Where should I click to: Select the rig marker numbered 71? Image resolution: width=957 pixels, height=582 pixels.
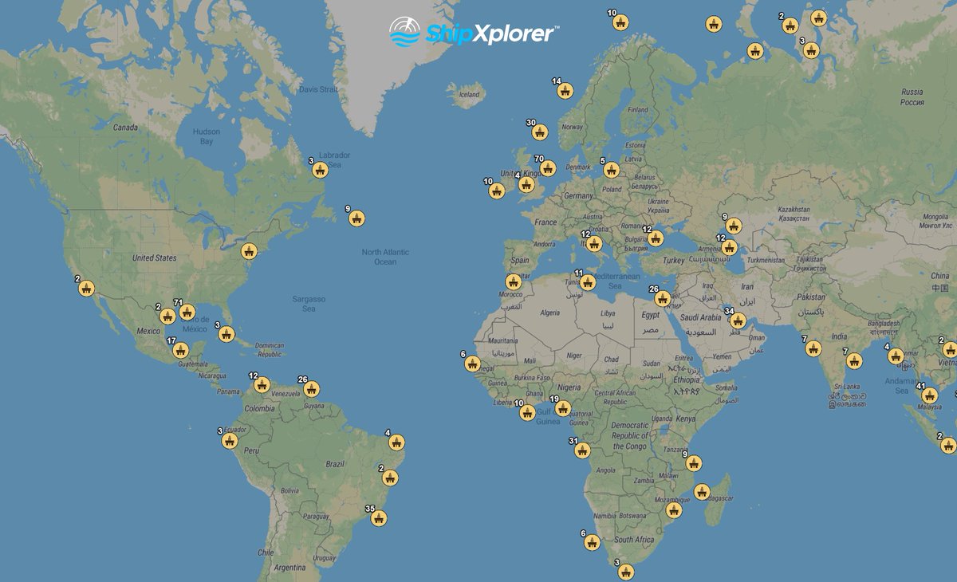pyautogui.click(x=187, y=313)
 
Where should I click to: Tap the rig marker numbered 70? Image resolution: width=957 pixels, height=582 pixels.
pyautogui.click(x=547, y=168)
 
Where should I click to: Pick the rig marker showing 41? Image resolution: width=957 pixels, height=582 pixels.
pyautogui.click(x=929, y=395)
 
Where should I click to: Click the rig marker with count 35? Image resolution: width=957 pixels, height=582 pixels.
pyautogui.click(x=379, y=518)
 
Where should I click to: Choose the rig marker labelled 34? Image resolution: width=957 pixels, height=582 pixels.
pyautogui.click(x=738, y=320)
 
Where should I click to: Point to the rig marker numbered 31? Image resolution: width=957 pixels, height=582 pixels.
pyautogui.click(x=582, y=450)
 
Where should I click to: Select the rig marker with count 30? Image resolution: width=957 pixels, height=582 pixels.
pyautogui.click(x=540, y=132)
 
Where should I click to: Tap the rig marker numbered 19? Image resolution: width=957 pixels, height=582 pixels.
pyautogui.click(x=563, y=409)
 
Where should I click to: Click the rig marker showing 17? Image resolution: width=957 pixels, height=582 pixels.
pyautogui.click(x=181, y=350)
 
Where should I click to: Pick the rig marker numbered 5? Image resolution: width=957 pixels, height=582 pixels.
pyautogui.click(x=612, y=170)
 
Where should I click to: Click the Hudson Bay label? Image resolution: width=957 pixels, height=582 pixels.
pyautogui.click(x=207, y=137)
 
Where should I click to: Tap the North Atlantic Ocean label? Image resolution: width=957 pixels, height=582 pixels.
pyautogui.click(x=385, y=257)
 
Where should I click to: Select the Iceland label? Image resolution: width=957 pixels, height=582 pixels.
pyautogui.click(x=469, y=95)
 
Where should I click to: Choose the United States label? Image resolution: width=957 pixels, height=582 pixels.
pyautogui.click(x=154, y=258)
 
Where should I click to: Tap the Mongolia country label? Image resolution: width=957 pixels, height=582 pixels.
pyautogui.click(x=935, y=221)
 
